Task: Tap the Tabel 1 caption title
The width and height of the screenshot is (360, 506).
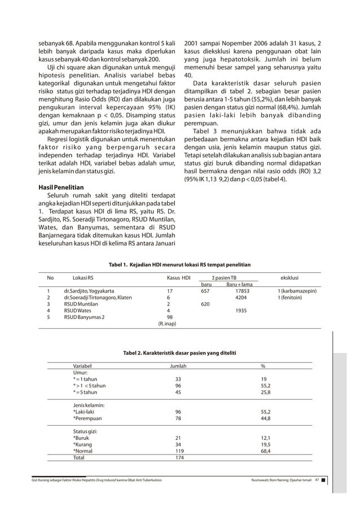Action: pyautogui.click(x=179, y=264)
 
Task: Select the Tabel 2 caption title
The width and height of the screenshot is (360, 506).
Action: pyautogui.click(x=179, y=353)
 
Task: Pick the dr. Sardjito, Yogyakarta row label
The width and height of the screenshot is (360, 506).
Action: pyautogui.click(x=89, y=291)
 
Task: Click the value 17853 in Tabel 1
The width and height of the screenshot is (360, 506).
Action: pyautogui.click(x=242, y=291)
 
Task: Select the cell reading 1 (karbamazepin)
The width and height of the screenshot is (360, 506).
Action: pyautogui.click(x=297, y=291)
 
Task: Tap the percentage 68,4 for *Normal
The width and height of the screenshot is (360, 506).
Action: pyautogui.click(x=265, y=451)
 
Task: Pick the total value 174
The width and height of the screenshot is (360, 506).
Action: pyautogui.click(x=179, y=458)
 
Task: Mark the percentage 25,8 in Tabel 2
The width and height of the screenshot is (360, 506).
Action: pyautogui.click(x=265, y=392)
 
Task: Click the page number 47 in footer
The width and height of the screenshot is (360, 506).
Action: pyautogui.click(x=317, y=480)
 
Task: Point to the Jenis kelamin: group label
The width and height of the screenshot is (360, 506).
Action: pyautogui.click(x=89, y=405)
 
